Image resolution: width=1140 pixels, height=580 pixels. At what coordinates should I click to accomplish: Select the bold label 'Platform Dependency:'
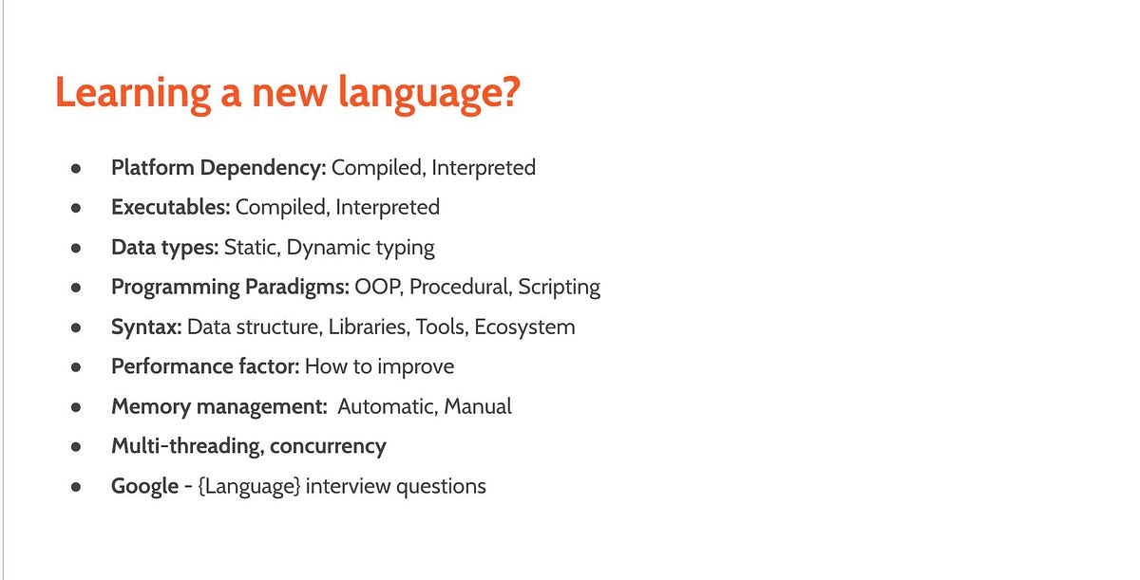click(x=218, y=168)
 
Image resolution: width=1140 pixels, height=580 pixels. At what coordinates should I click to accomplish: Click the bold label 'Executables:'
click(x=170, y=207)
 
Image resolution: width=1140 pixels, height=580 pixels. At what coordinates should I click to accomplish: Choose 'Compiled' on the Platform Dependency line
click(x=377, y=168)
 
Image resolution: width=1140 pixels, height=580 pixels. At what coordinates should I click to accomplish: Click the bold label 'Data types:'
click(x=165, y=248)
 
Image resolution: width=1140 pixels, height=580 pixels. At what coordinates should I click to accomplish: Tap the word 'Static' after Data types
click(x=251, y=248)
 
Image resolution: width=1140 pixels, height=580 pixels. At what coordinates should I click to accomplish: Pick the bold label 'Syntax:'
click(x=146, y=327)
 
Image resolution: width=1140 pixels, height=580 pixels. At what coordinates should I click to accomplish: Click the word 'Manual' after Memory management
click(x=479, y=406)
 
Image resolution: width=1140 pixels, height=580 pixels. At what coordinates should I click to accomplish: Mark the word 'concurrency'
click(x=329, y=446)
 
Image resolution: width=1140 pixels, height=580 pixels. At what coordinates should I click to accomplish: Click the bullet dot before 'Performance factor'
click(x=75, y=367)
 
